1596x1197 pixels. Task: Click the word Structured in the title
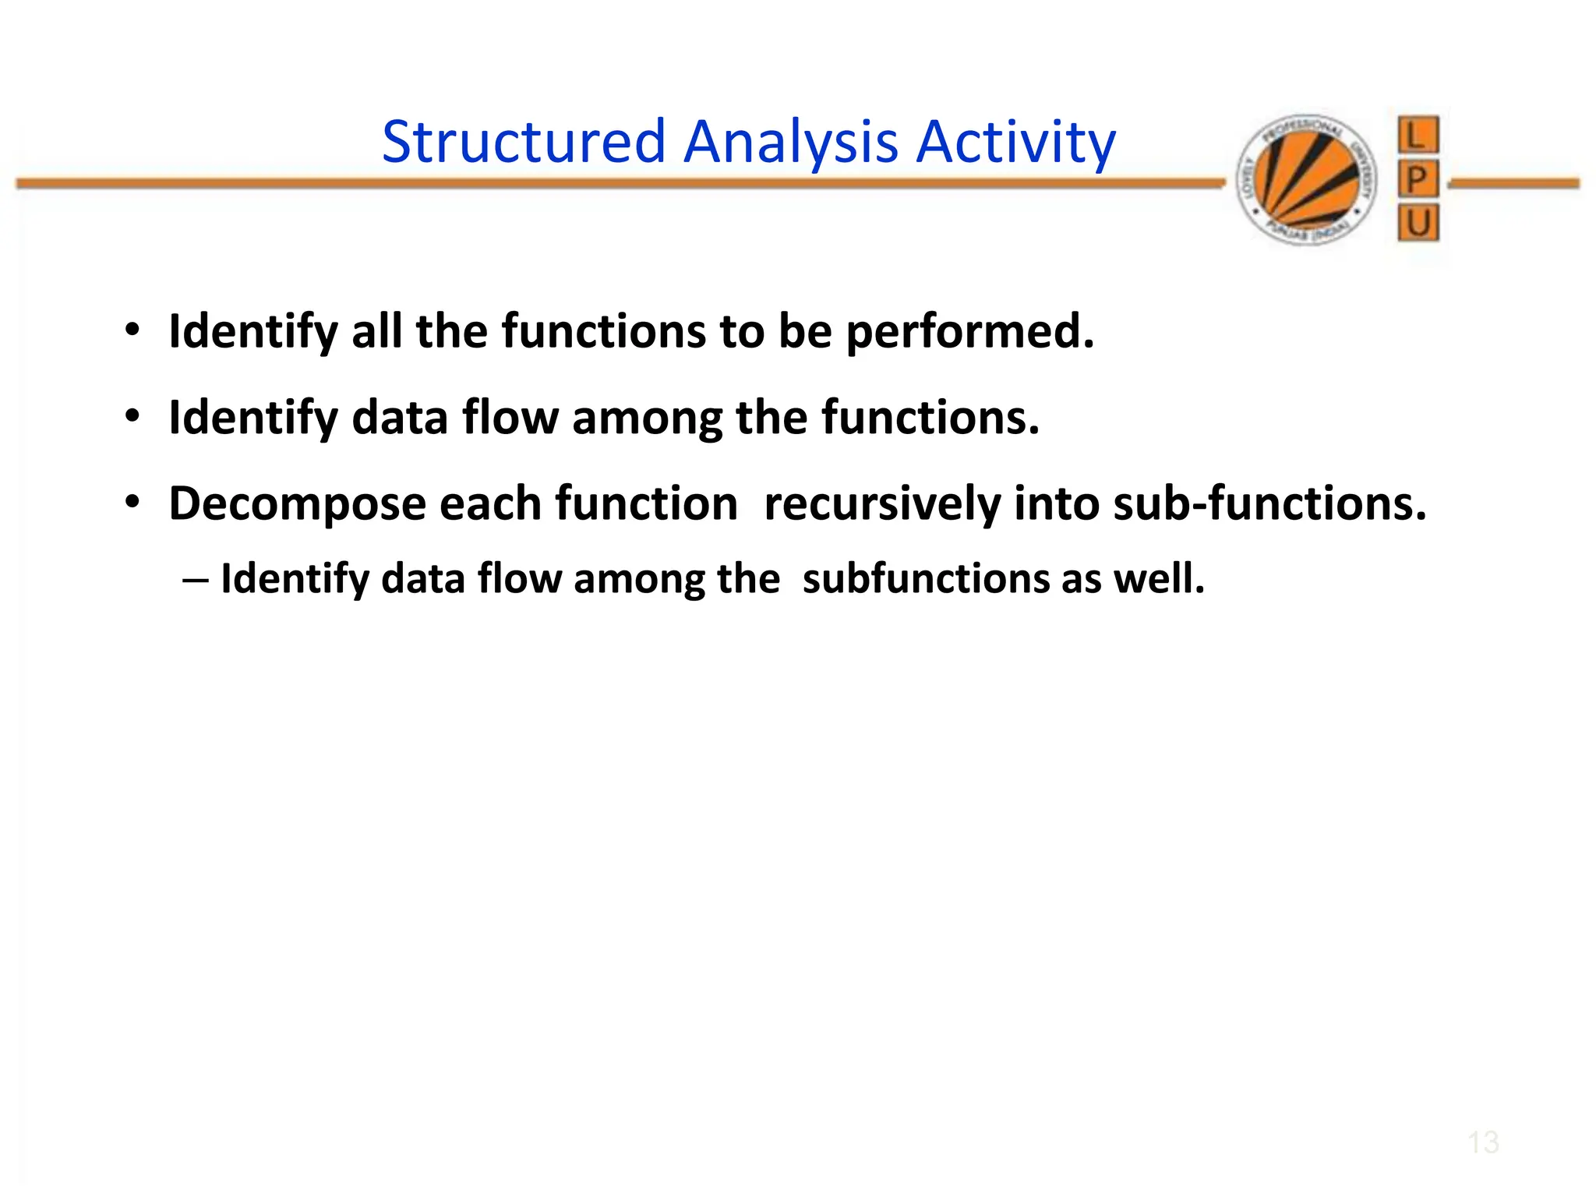pyautogui.click(x=524, y=142)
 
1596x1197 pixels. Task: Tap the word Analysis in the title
pyautogui.click(x=790, y=142)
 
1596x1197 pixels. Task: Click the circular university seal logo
pyautogui.click(x=1307, y=180)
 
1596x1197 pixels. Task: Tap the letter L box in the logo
pyautogui.click(x=1418, y=136)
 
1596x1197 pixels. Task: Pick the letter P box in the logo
pyautogui.click(x=1418, y=180)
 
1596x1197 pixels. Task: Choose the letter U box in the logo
pyautogui.click(x=1418, y=224)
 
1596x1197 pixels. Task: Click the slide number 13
pyautogui.click(x=1482, y=1142)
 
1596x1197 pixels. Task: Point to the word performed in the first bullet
pyautogui.click(x=969, y=332)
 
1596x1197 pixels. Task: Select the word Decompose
pyautogui.click(x=297, y=503)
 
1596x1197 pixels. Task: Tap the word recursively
pyautogui.click(x=881, y=503)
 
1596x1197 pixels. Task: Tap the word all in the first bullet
pyautogui.click(x=376, y=330)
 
